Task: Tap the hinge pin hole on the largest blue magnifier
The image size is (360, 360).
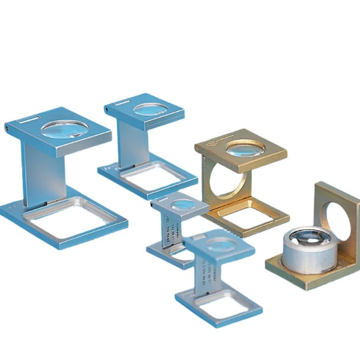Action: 8,128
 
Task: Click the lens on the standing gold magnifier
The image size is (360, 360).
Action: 244,147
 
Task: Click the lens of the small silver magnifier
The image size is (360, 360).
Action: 182,204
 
